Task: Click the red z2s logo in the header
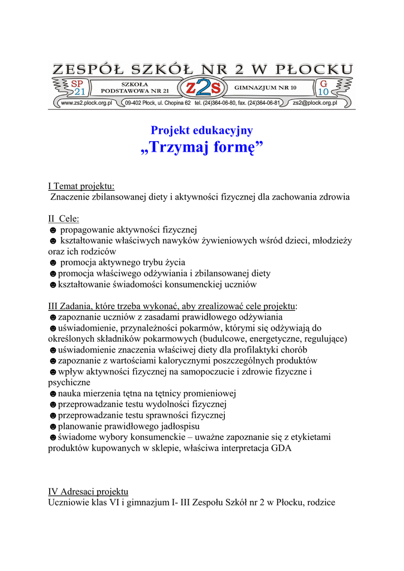coord(202,88)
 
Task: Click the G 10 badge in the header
coord(324,88)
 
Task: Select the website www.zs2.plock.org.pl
coord(86,103)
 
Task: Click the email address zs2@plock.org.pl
coord(315,103)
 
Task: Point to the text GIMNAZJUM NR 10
coord(266,88)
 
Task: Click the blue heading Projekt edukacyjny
coord(201,130)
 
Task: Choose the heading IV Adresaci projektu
coord(88,492)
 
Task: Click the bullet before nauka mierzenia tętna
coord(52,393)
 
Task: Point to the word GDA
coord(281,448)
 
